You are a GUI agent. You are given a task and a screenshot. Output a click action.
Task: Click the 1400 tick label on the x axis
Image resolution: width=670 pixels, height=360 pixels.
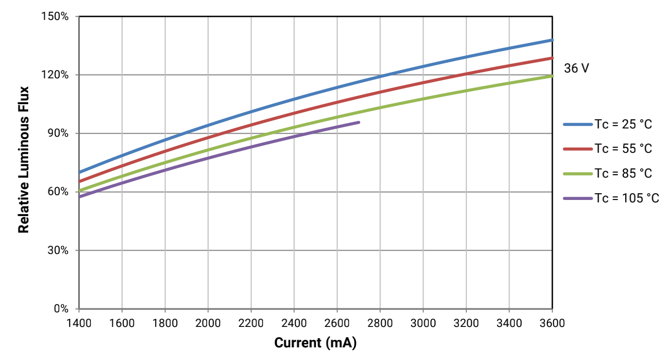pos(79,323)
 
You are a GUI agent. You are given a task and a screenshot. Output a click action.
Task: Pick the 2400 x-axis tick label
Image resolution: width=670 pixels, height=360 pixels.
pos(294,323)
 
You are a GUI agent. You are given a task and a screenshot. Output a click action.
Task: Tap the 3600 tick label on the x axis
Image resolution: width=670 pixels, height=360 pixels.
pos(552,323)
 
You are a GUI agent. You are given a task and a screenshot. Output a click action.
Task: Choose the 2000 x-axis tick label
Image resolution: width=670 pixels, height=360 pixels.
pos(208,323)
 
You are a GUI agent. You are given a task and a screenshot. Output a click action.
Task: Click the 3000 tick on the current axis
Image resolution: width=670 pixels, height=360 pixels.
pos(423,323)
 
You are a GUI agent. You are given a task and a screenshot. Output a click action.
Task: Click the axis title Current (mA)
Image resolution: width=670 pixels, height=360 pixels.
pos(315,343)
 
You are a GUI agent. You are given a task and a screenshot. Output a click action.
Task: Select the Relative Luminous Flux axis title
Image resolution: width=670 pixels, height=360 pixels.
pos(23,160)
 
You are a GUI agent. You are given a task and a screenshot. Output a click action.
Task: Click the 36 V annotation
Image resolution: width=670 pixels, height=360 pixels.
pos(576,69)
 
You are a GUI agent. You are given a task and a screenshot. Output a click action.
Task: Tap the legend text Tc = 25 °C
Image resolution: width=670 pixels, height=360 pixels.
pos(623,125)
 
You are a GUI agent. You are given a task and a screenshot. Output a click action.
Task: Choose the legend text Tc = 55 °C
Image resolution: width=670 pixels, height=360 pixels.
pos(623,149)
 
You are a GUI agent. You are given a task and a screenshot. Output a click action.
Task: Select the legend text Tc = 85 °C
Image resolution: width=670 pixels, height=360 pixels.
pos(623,174)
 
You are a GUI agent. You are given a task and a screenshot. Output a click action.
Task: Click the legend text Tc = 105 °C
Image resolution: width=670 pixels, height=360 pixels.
pos(626,198)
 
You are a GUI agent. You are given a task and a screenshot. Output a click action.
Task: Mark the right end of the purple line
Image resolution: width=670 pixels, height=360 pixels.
pos(359,122)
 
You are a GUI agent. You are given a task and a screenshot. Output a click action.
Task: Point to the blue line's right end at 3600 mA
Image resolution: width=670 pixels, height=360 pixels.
pos(552,40)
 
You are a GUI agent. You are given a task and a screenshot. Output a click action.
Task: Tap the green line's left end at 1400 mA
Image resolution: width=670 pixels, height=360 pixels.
pos(79,190)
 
